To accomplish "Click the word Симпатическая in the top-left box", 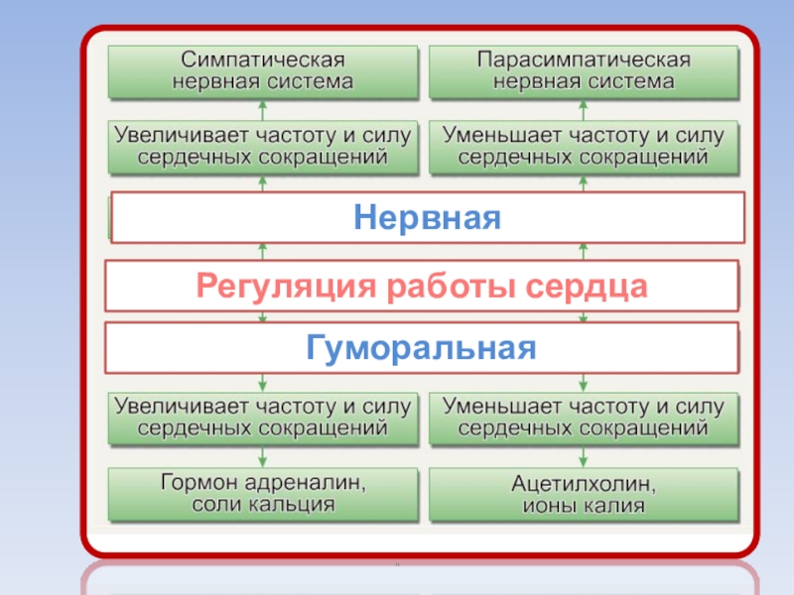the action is [263, 59].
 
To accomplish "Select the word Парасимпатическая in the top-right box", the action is [584, 59].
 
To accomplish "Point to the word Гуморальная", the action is [421, 348].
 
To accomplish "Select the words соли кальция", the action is [263, 505].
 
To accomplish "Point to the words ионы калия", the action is [585, 506].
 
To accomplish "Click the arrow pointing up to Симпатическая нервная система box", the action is [263, 107].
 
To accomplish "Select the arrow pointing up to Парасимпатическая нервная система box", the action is [584, 107].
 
